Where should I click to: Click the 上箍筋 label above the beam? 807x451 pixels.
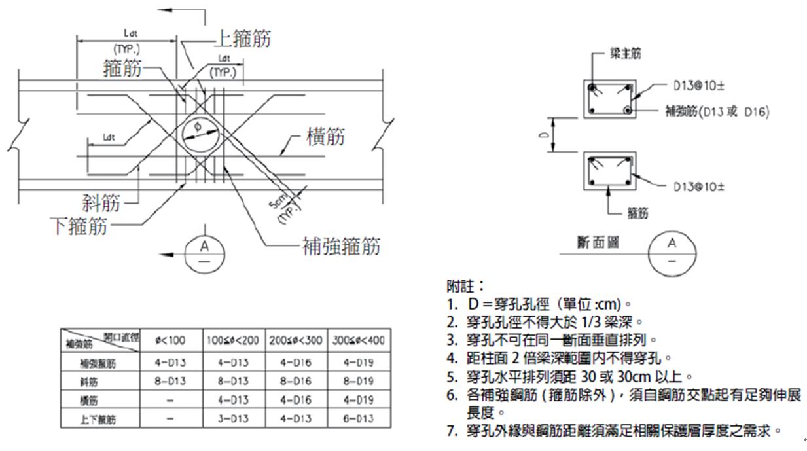(x=243, y=39)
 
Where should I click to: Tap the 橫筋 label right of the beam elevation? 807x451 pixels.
(x=325, y=137)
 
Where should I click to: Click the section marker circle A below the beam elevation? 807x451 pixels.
(x=205, y=253)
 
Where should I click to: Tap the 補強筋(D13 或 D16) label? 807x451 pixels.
(x=717, y=112)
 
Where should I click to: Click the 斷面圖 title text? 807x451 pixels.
(x=598, y=243)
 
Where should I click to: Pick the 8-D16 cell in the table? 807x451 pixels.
(x=297, y=381)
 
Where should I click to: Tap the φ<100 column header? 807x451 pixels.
(x=171, y=340)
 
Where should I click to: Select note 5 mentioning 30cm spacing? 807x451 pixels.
(x=569, y=377)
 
